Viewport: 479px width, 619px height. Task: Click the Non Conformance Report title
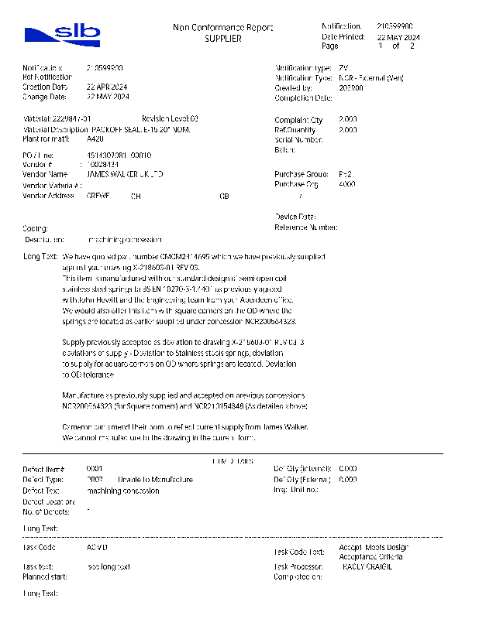222,29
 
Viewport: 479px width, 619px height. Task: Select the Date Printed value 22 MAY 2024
398,37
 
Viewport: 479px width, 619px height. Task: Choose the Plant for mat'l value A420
95,139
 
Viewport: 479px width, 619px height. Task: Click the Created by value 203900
351,88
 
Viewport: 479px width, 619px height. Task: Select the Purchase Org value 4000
348,185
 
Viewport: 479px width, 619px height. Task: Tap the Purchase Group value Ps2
346,175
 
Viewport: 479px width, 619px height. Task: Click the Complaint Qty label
298,120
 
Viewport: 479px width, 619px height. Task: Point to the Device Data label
295,217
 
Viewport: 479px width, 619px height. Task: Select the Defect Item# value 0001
95,469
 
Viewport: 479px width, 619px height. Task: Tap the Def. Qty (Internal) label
302,469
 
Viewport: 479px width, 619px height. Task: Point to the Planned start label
45,576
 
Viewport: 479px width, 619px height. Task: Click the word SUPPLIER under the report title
223,39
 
